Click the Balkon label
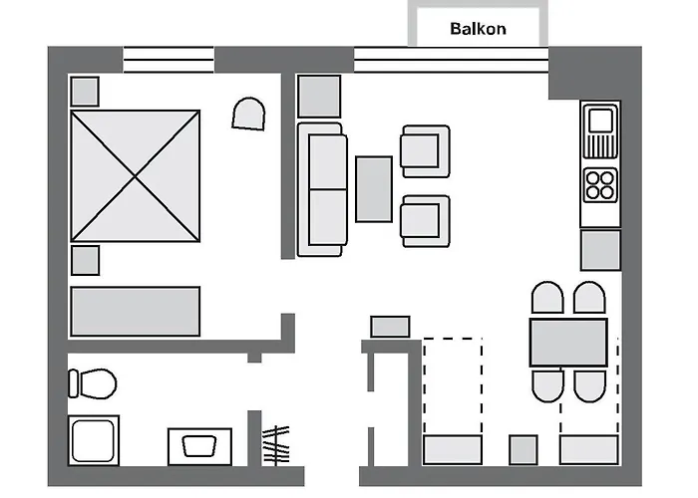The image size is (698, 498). coord(478,29)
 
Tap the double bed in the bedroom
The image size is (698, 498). coord(136,177)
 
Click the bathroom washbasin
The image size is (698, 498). coord(199,445)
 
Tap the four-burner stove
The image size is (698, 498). coord(601,184)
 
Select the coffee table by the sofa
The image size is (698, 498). coord(374,189)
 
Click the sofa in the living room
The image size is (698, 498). coord(323,189)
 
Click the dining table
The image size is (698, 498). coord(568,342)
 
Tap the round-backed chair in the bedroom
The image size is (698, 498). coord(248,114)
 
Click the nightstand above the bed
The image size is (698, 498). coord(85,92)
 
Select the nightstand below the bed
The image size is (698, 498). coord(85,260)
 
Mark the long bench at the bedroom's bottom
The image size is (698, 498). coord(135,310)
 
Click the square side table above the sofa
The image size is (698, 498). coord(320,97)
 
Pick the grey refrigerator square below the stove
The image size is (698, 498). coord(600,250)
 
